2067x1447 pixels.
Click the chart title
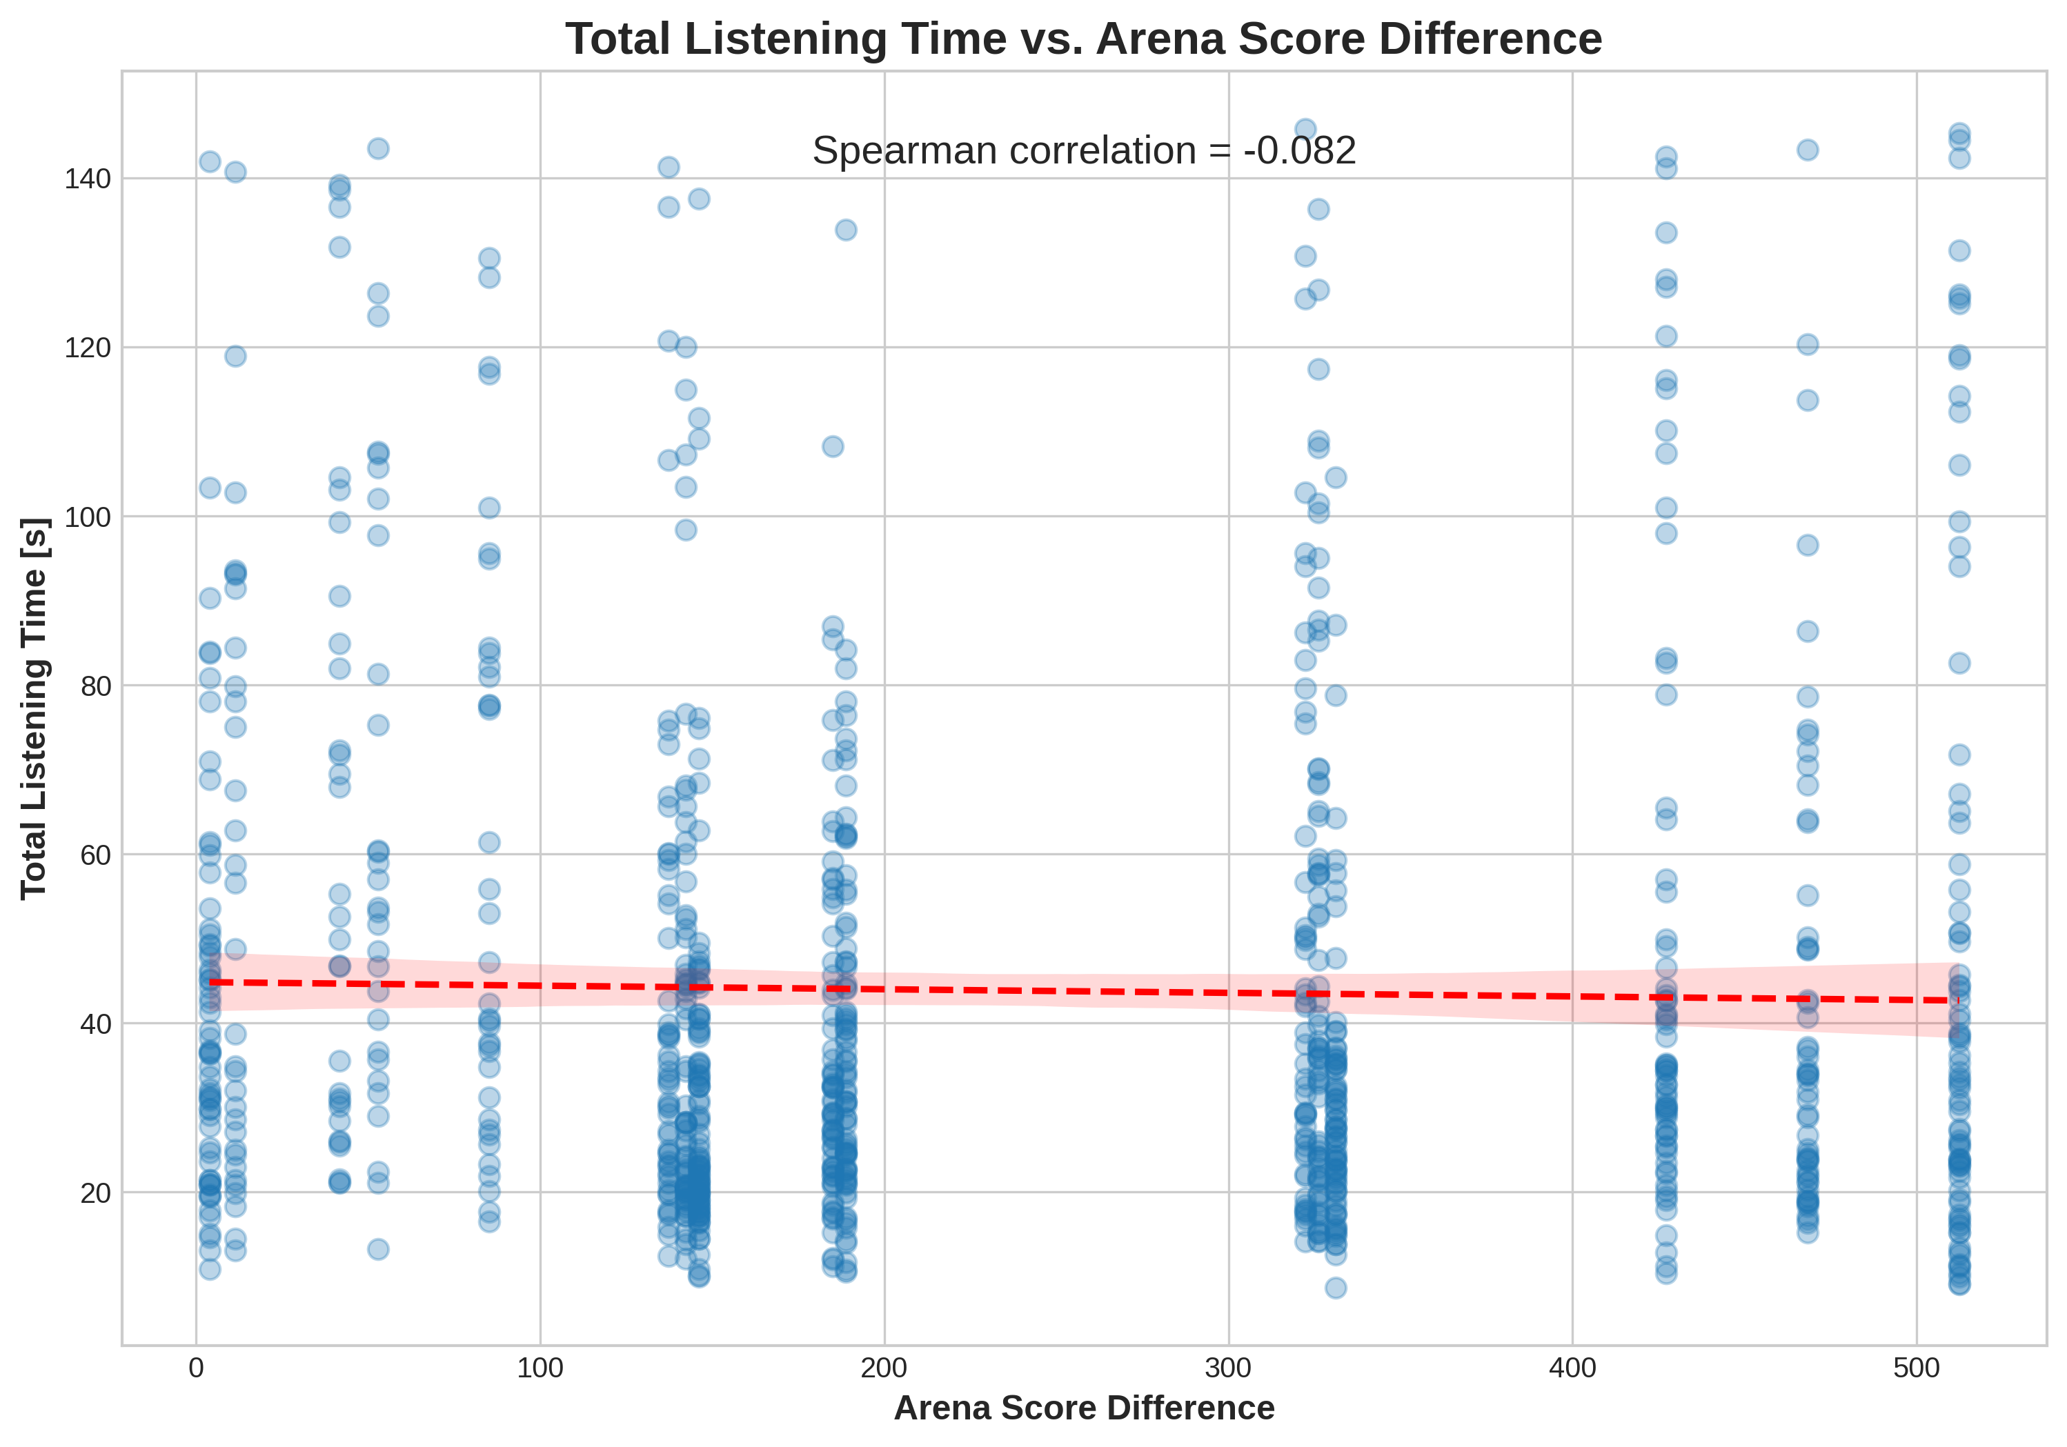[x=1084, y=39]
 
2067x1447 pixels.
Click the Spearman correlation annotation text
[x=1084, y=150]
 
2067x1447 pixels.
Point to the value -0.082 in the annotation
[x=1299, y=150]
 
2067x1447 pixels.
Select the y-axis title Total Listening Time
[x=34, y=708]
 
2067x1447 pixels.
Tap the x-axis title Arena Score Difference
[x=1084, y=1408]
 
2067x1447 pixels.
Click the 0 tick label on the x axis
[x=195, y=1368]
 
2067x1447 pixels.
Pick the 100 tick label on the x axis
[x=540, y=1368]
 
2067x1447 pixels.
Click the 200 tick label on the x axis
[x=884, y=1368]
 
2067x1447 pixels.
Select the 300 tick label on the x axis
[x=1228, y=1368]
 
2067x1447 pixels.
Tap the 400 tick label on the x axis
[x=1572, y=1368]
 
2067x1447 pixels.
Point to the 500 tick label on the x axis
[x=1916, y=1368]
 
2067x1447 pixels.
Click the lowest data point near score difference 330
[x=1336, y=1288]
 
